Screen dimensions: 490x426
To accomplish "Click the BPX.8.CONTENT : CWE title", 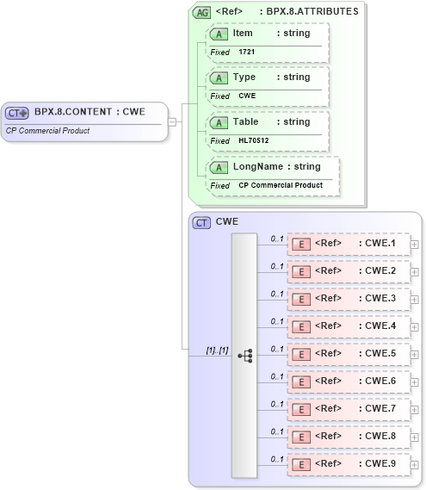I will coord(89,112).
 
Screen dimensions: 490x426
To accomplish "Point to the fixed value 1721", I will coord(247,52).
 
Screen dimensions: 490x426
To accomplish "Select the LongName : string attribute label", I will coord(276,166).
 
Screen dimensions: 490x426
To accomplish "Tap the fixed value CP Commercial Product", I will coord(281,185).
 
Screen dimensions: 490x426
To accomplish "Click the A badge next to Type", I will coord(219,78).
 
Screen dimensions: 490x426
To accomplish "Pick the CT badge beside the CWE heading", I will coord(201,222).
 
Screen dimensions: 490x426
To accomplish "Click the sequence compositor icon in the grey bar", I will coord(244,354).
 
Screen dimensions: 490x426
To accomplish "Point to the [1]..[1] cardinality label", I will coord(217,350).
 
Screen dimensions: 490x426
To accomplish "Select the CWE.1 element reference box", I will coord(348,244).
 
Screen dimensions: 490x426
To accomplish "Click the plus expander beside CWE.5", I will coord(415,354).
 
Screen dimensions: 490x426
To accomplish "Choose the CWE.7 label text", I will coord(380,408).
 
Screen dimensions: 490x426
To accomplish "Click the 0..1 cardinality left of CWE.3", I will coord(277,293).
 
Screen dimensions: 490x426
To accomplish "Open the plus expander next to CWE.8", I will coord(415,437).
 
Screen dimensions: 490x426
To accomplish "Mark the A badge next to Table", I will coord(219,122).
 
